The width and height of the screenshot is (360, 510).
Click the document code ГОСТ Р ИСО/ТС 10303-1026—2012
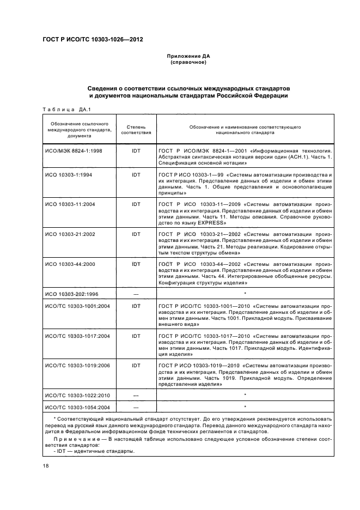click(x=93, y=40)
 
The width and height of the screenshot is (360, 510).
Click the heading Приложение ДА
click(x=188, y=56)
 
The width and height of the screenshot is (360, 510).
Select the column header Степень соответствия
click(x=136, y=129)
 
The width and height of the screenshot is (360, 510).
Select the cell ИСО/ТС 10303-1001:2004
click(x=77, y=306)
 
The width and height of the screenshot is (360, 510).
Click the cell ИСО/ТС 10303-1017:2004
click(x=77, y=336)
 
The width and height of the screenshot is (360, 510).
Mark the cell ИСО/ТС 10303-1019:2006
click(x=77, y=366)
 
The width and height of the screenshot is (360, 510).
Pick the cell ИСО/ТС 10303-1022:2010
click(x=77, y=395)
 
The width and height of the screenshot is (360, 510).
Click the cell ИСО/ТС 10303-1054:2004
click(x=77, y=407)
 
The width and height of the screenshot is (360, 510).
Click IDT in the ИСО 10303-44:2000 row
click(x=136, y=264)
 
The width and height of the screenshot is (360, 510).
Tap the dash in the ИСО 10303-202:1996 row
click(x=136, y=294)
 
